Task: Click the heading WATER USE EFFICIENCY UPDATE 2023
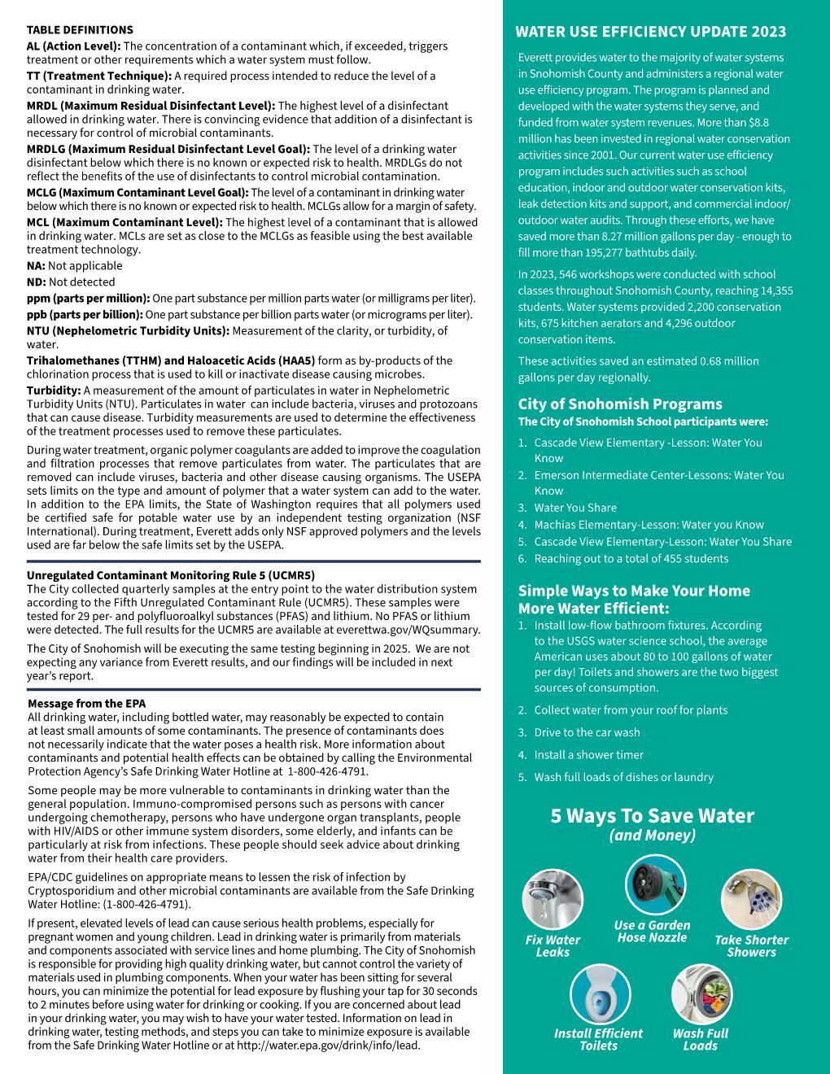click(651, 32)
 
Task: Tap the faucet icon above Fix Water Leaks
click(553, 900)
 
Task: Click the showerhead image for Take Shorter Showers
click(751, 900)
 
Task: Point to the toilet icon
click(601, 993)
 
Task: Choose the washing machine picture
click(701, 993)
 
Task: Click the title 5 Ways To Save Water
click(652, 816)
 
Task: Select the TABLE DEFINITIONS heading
click(80, 30)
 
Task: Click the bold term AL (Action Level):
click(73, 46)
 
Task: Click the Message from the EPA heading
click(86, 703)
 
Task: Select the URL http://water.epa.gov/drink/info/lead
click(328, 1045)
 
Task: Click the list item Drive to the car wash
click(587, 732)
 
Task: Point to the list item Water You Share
click(574, 508)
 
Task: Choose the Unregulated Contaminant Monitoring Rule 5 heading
click(171, 575)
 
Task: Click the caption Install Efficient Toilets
click(598, 1040)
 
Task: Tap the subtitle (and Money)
click(652, 836)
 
